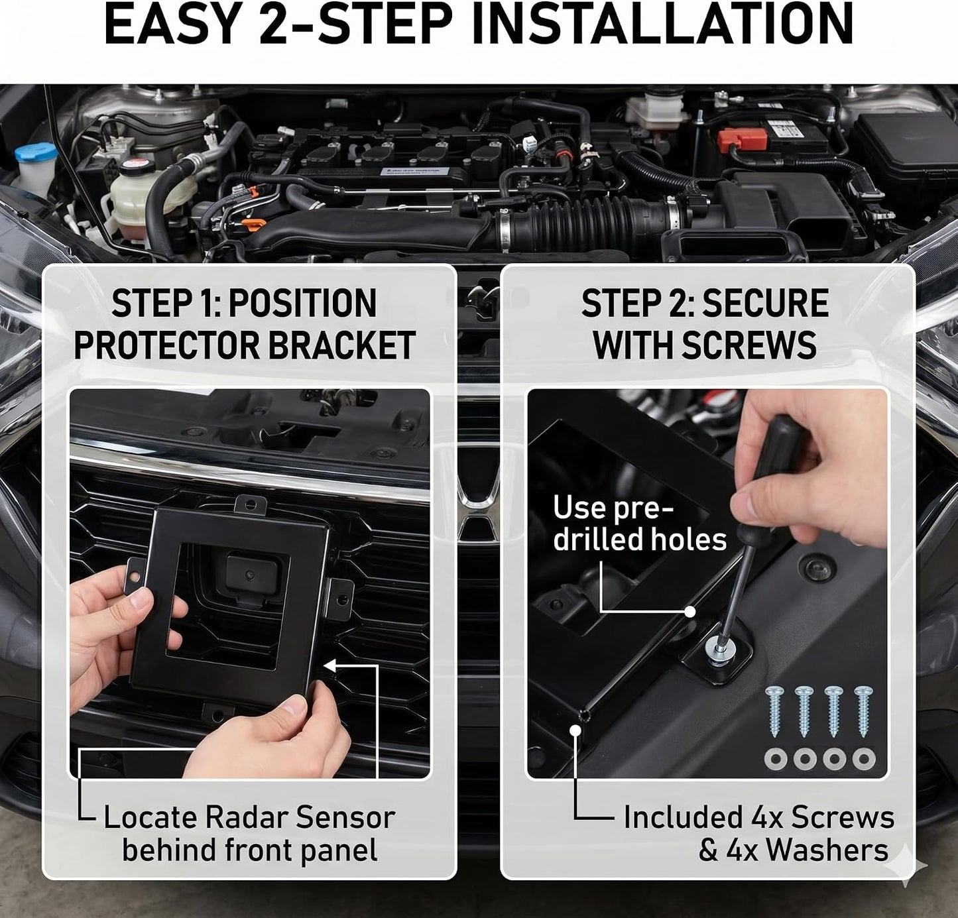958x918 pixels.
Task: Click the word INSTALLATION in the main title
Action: [662, 24]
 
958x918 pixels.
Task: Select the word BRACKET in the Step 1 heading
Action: [341, 345]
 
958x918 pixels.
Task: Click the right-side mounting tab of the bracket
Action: [339, 599]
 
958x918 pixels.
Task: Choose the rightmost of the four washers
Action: [864, 760]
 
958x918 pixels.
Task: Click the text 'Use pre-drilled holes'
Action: [640, 523]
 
